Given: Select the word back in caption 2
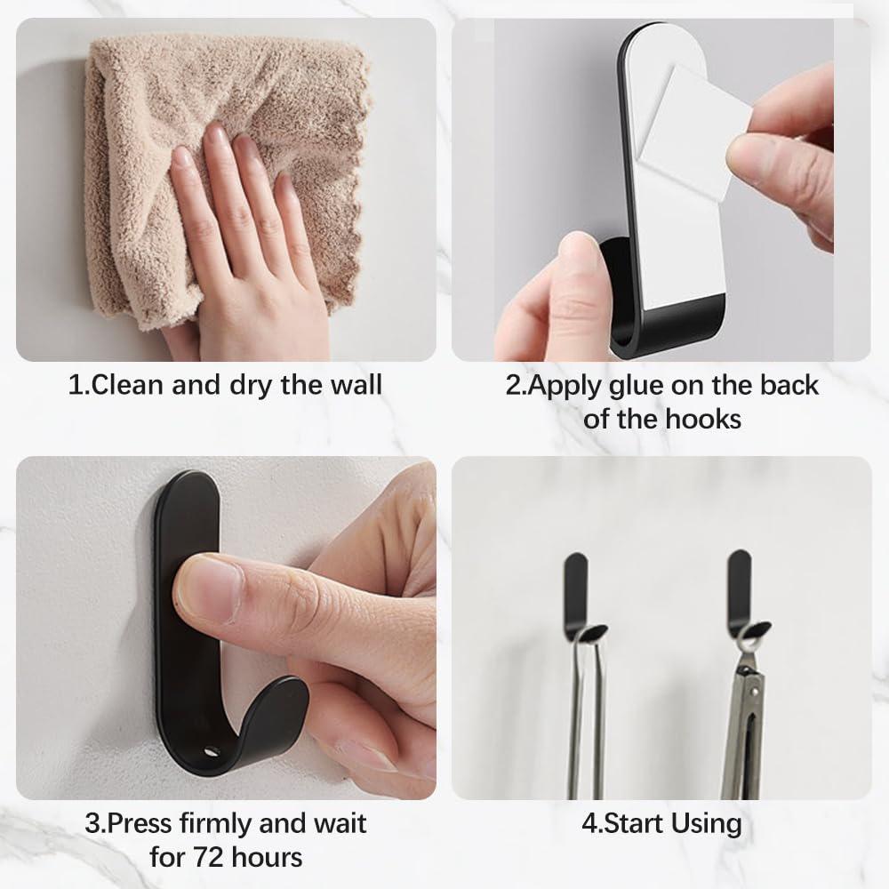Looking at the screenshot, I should tap(789, 386).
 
